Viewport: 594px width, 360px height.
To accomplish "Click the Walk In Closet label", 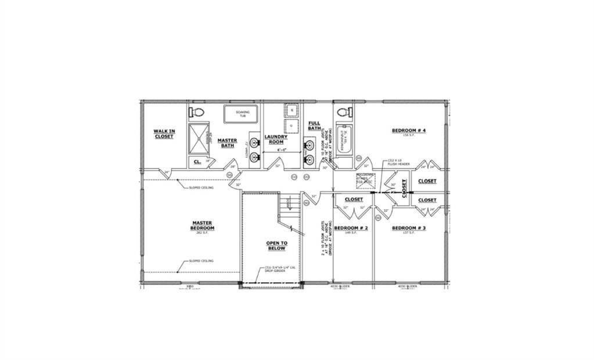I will [x=164, y=134].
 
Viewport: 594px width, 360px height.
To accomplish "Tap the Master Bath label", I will [x=227, y=142].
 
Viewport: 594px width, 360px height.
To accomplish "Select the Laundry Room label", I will [x=276, y=139].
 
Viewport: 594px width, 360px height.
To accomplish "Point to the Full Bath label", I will [x=314, y=125].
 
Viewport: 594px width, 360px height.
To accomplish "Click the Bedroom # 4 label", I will [x=409, y=130].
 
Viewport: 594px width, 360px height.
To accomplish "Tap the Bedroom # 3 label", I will [x=409, y=228].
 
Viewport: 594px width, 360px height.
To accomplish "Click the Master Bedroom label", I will [x=203, y=225].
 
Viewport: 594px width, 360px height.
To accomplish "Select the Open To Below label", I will [x=276, y=245].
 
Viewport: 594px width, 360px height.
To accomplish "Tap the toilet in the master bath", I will [x=197, y=111].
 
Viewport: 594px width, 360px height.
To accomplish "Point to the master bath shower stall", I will [x=199, y=138].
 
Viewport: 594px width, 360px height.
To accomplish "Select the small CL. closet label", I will [x=197, y=161].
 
